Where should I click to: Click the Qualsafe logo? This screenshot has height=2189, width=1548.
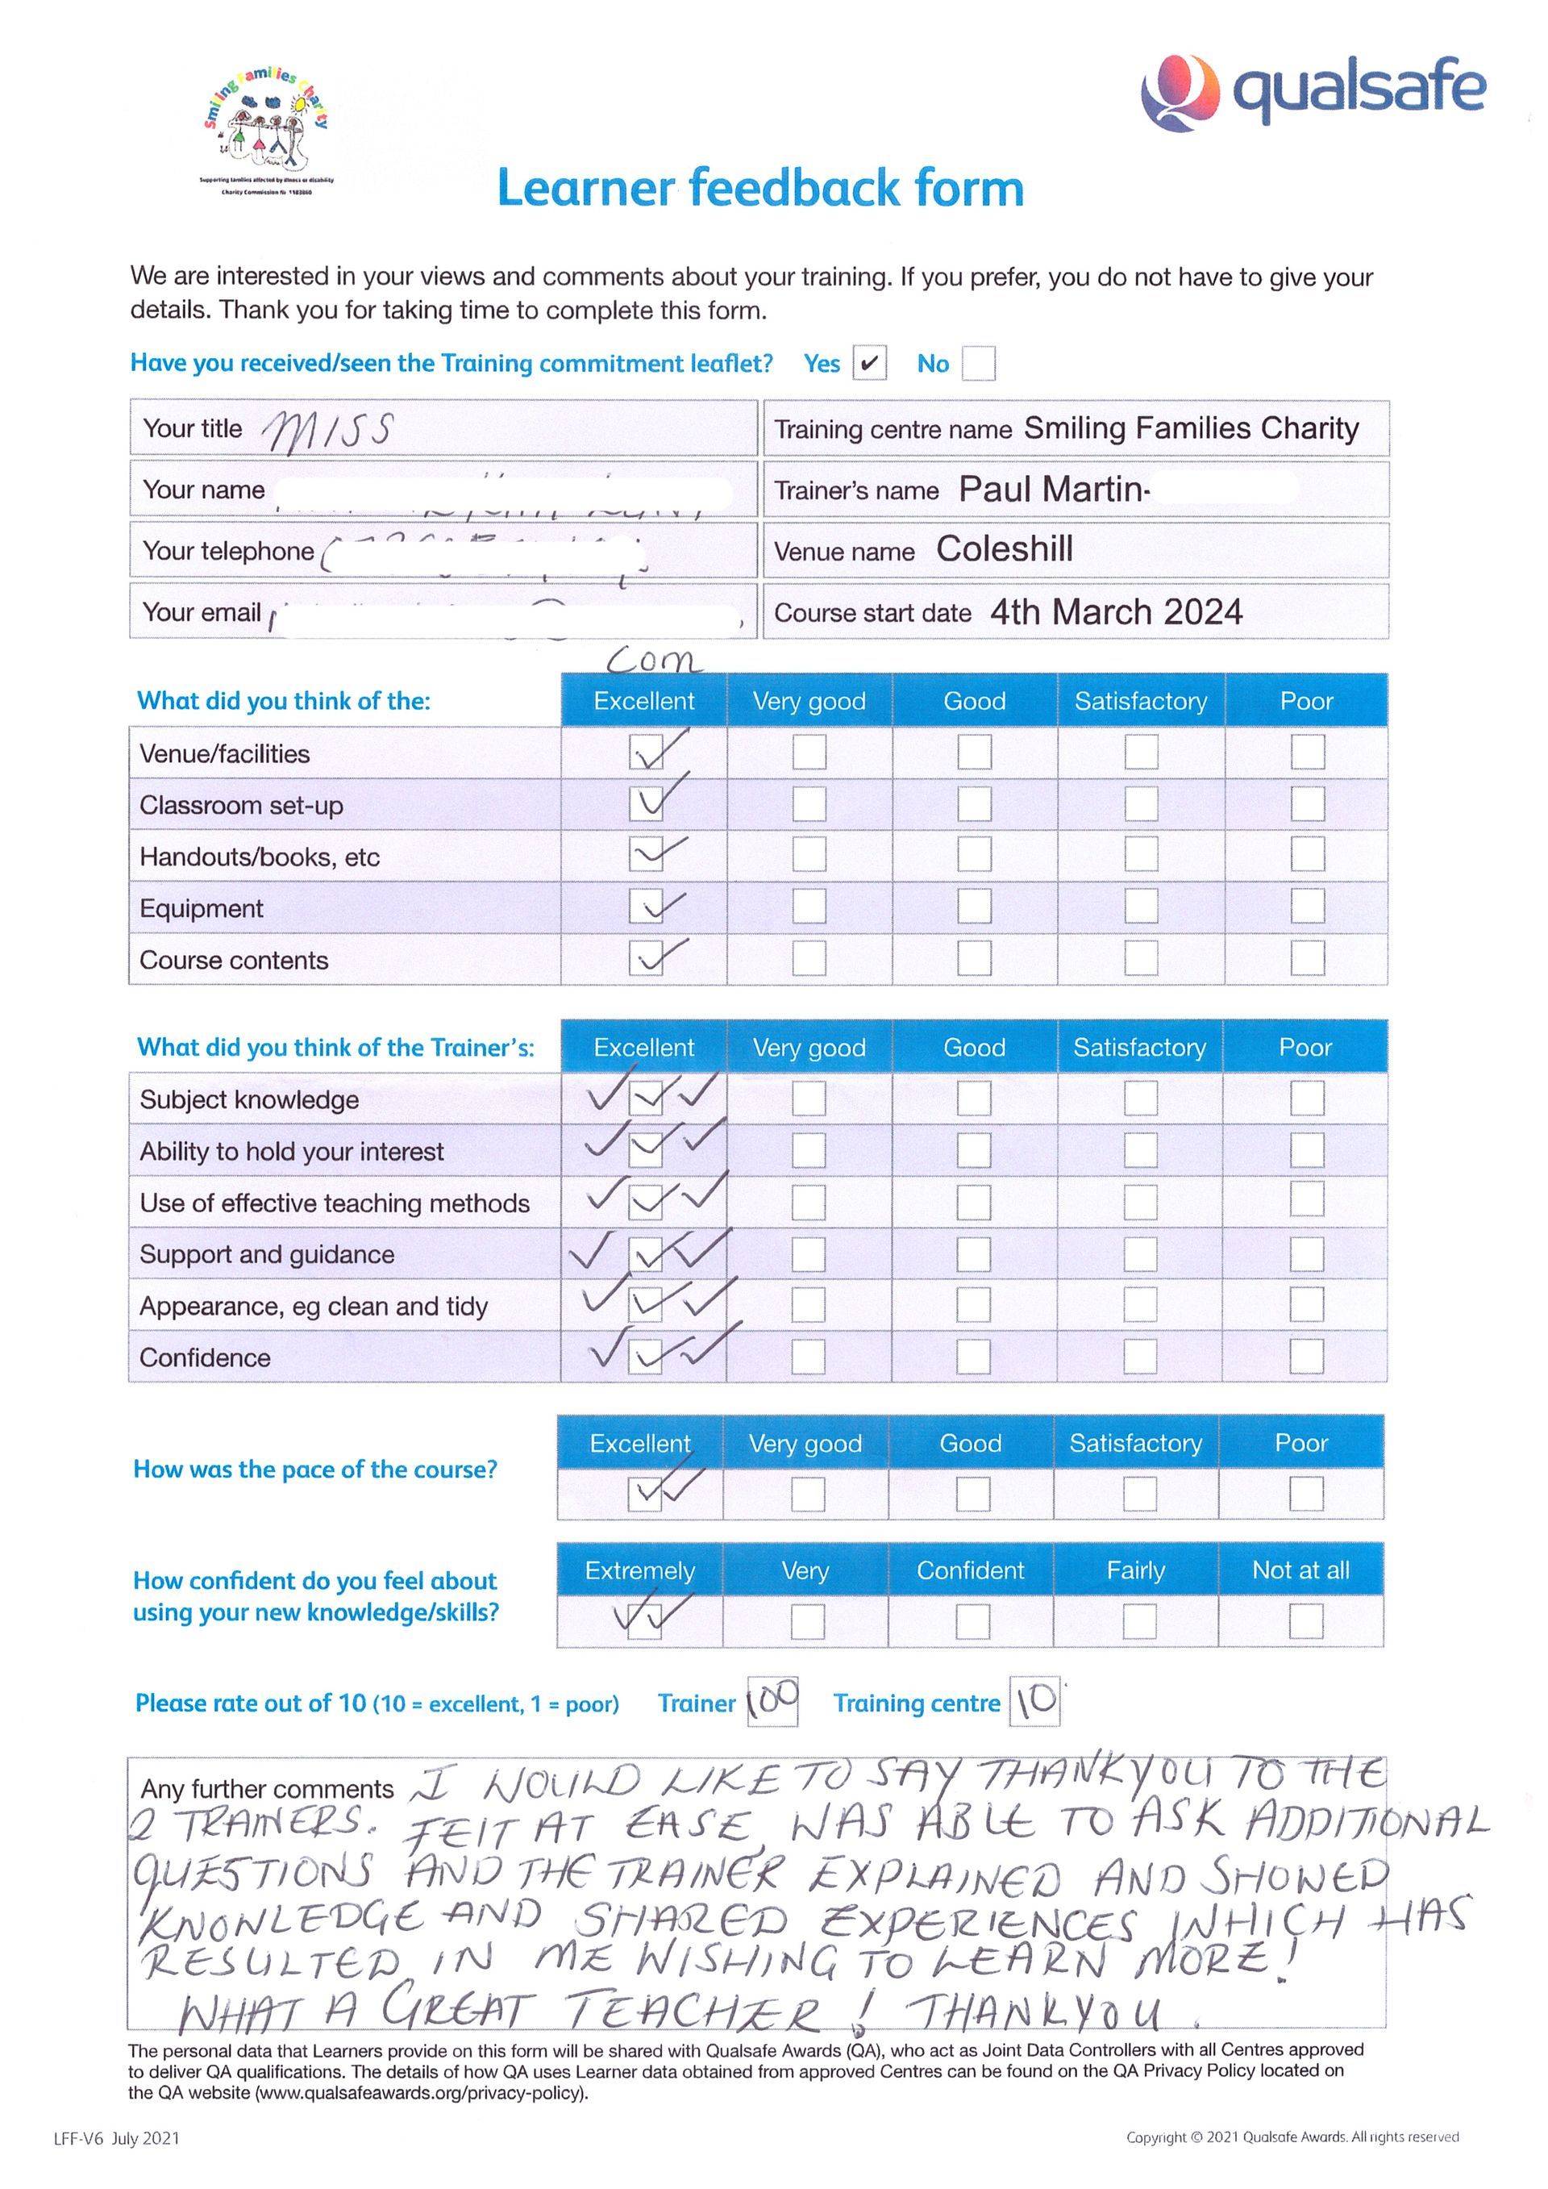1313,91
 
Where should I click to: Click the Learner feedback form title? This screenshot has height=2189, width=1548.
759,188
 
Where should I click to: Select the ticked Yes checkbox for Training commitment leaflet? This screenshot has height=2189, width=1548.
868,363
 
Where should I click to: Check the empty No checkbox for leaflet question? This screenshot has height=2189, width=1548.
978,363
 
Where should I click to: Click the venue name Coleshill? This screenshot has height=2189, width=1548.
1004,549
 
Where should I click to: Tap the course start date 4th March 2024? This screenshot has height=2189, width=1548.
1115,611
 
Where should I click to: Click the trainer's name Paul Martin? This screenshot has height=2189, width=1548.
1051,489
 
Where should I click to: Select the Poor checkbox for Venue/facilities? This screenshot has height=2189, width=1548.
1307,753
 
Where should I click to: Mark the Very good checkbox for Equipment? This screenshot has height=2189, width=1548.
809,907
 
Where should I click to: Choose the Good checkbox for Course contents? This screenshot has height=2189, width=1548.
973,958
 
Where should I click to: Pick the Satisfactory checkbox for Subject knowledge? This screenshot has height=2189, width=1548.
1140,1099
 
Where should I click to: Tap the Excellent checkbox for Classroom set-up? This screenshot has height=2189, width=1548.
645,803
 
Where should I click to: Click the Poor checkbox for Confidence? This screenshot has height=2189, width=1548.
1306,1356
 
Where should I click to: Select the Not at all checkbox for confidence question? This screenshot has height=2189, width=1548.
1305,1620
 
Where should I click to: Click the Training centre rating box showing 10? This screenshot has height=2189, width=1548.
1034,1703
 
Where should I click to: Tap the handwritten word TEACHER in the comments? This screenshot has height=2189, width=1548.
694,2012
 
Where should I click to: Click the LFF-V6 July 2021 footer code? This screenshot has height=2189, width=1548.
116,2138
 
